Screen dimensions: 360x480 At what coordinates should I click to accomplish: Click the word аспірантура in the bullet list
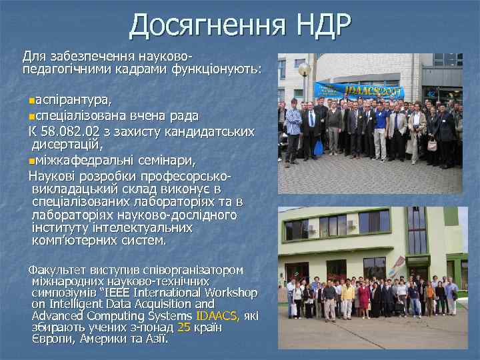[73, 100]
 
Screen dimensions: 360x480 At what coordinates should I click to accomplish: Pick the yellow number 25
[184, 327]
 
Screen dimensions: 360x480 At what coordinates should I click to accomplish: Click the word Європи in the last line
[49, 339]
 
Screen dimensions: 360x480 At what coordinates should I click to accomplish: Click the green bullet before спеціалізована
[32, 116]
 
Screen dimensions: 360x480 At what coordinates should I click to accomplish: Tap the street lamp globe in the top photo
[305, 69]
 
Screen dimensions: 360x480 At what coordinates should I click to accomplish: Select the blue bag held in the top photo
[319, 147]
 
